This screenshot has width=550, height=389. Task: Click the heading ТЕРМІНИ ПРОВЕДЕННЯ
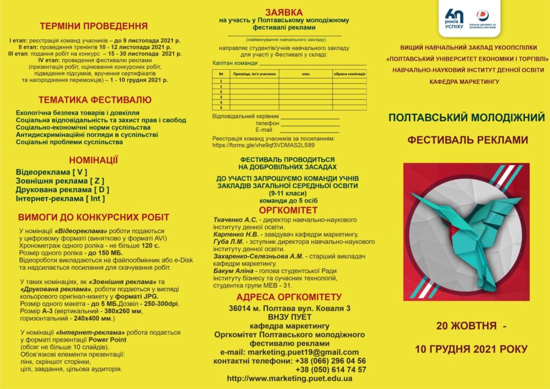click(x=93, y=26)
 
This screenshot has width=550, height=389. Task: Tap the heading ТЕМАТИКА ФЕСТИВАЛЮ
click(x=95, y=99)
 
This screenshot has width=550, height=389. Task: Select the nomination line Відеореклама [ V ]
click(x=52, y=172)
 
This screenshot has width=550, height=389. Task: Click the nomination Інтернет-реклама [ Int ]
click(x=60, y=198)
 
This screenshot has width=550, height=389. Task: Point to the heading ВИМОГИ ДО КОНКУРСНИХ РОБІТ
click(x=93, y=218)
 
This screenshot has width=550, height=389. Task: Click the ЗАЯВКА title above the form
click(x=284, y=12)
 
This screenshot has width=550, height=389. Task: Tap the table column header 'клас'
click(x=306, y=73)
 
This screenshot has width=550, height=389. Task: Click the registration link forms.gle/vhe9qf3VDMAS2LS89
click(x=263, y=145)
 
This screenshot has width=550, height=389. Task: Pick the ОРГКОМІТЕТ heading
click(x=288, y=210)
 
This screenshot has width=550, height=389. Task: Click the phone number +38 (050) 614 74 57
click(x=331, y=370)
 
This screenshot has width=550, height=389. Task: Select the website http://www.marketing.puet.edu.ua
click(x=290, y=379)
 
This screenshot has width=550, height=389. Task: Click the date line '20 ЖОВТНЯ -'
click(x=471, y=326)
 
